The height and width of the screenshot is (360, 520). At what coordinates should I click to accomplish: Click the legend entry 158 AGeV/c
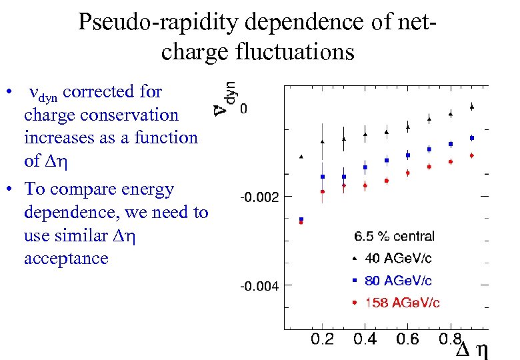402,303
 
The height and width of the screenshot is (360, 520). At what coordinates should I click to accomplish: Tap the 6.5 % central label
394,236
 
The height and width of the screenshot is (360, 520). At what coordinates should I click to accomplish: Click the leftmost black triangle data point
301,157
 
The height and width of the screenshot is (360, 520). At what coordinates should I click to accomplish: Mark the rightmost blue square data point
471,138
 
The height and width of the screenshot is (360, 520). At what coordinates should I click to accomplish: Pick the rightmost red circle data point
471,155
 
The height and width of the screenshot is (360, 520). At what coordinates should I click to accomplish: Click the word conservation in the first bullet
135,115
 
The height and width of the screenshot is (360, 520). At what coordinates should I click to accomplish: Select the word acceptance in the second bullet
66,258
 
